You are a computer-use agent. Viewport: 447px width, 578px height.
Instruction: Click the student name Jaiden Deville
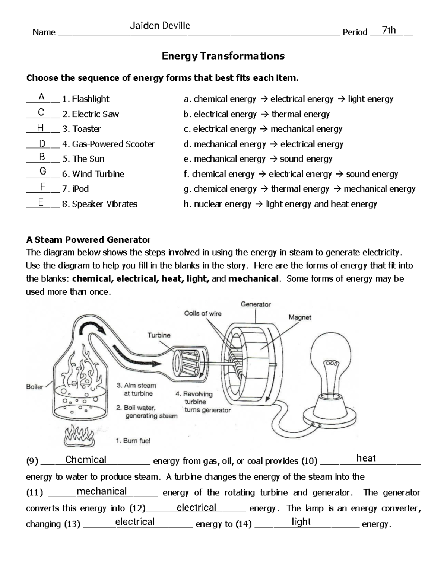[160, 26]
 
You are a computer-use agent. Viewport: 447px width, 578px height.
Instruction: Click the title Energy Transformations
[223, 56]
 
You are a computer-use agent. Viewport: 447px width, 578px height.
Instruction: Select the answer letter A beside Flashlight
[42, 98]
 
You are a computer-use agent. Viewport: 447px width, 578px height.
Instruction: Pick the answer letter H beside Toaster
[41, 128]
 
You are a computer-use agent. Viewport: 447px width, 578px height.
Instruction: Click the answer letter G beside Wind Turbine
[43, 171]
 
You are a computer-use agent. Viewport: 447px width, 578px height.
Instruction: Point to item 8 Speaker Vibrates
[100, 204]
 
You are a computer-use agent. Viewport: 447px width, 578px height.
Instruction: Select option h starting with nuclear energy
[280, 204]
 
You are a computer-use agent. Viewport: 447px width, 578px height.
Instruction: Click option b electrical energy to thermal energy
[257, 114]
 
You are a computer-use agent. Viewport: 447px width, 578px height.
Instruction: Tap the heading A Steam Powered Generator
[88, 239]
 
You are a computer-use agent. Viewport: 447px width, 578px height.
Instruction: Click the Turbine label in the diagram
[159, 335]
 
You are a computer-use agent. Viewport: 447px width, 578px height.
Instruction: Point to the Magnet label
[299, 317]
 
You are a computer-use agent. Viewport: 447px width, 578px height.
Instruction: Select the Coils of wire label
[203, 313]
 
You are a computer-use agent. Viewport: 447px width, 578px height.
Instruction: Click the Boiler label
[35, 387]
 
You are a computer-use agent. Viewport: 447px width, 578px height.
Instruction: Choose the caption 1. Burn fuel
[133, 441]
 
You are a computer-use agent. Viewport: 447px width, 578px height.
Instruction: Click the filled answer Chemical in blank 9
[86, 460]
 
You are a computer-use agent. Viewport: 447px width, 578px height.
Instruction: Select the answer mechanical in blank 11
[102, 491]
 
